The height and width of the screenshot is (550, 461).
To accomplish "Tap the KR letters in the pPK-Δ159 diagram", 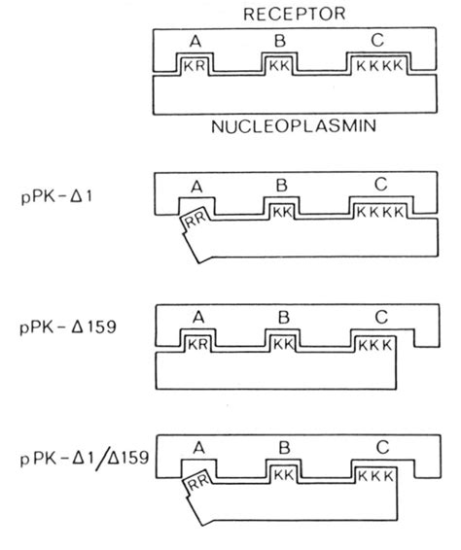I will (x=196, y=345).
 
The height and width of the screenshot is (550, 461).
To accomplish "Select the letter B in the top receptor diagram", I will (x=279, y=43).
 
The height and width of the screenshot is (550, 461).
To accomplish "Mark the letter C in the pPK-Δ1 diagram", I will (x=378, y=185).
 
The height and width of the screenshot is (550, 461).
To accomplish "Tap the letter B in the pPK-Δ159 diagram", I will (x=281, y=318).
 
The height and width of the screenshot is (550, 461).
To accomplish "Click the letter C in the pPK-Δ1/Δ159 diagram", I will (x=379, y=450).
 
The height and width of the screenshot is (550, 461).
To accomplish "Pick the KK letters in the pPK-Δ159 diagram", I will (x=282, y=345).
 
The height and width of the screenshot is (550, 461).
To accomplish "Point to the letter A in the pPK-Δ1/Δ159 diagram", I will (x=197, y=450).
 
